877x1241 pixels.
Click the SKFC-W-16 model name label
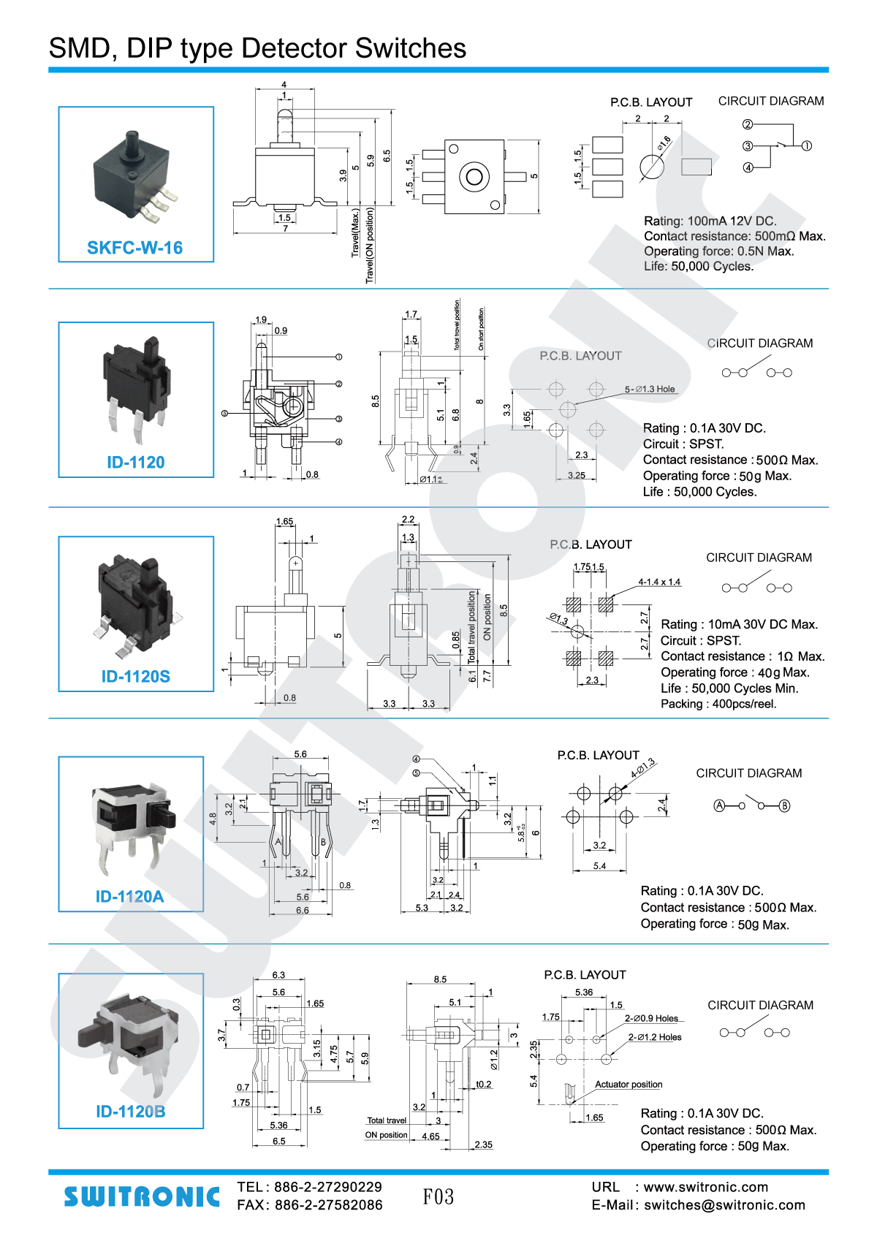coord(134,248)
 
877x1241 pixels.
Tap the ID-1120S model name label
coord(135,676)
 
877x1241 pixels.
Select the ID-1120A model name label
coord(129,896)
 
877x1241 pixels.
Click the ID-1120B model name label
coord(130,1111)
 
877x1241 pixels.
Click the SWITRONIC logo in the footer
coord(141,1196)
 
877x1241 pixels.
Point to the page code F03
coord(438,1196)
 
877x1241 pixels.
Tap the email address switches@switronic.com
coord(724,1205)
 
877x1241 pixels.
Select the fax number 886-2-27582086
coord(328,1205)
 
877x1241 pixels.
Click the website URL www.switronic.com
coord(705,1187)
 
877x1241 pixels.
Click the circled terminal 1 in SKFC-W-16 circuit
coord(807,146)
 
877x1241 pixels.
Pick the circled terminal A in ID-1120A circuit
coord(719,805)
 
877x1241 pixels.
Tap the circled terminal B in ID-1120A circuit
coord(784,805)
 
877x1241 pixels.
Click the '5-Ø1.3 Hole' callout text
coord(650,389)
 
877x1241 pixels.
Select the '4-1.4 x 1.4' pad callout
coord(659,582)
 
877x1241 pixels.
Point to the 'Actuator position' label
coord(629,1084)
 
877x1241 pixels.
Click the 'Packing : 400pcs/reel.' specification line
coord(718,704)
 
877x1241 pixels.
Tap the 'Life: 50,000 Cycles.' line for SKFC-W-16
coord(699,266)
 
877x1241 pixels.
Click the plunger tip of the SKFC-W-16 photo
coord(132,136)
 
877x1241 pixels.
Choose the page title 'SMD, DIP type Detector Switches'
coord(257,48)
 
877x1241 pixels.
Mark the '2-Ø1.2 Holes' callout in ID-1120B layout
coord(655,1036)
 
